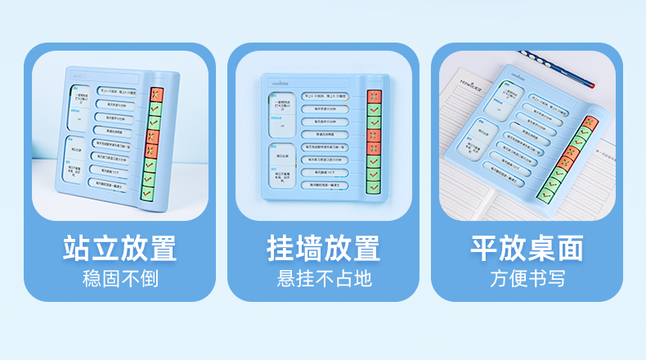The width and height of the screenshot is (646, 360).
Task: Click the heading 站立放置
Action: [x=119, y=248]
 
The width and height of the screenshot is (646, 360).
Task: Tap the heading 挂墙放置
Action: [x=323, y=248]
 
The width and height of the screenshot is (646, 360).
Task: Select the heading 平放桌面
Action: [x=527, y=248]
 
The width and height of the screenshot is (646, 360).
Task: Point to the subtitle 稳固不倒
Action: [x=119, y=278]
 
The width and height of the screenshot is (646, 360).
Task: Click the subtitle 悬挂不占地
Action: [x=323, y=278]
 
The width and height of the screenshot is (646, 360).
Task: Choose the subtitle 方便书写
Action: [x=527, y=278]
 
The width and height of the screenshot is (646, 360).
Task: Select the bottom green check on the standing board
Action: [x=149, y=193]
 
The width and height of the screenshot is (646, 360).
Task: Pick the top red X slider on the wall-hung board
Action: [x=373, y=97]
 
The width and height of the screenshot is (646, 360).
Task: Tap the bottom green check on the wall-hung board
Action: [x=373, y=187]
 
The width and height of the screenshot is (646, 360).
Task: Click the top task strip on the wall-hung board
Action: [x=324, y=97]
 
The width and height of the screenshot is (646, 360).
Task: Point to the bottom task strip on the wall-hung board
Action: [x=324, y=185]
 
